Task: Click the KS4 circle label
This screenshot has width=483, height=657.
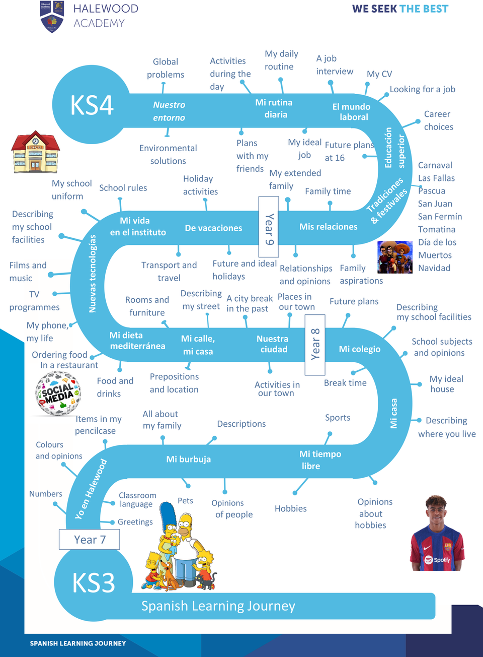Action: coord(92,105)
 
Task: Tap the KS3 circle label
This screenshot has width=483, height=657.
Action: coord(94,583)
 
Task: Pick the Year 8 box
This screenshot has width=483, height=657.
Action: coord(315,345)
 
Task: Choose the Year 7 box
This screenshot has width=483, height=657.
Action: coord(90,540)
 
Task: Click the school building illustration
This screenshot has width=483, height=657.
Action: coord(35,152)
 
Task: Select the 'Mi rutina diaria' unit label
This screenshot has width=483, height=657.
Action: coord(274,108)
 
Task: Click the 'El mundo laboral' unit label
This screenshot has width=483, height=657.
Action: coord(352,112)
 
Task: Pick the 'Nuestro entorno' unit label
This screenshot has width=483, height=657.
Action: coord(169,111)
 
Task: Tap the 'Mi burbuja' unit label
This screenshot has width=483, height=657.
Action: coord(188,459)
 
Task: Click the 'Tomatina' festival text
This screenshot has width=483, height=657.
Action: coord(436,229)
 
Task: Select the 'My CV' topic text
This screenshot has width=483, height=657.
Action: coord(379,74)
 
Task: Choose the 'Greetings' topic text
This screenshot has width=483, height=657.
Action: coord(135,522)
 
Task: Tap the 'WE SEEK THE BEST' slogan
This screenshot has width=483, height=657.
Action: coord(400,9)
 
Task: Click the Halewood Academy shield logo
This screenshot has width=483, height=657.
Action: coord(52,17)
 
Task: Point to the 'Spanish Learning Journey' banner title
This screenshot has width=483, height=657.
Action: coord(218,606)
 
